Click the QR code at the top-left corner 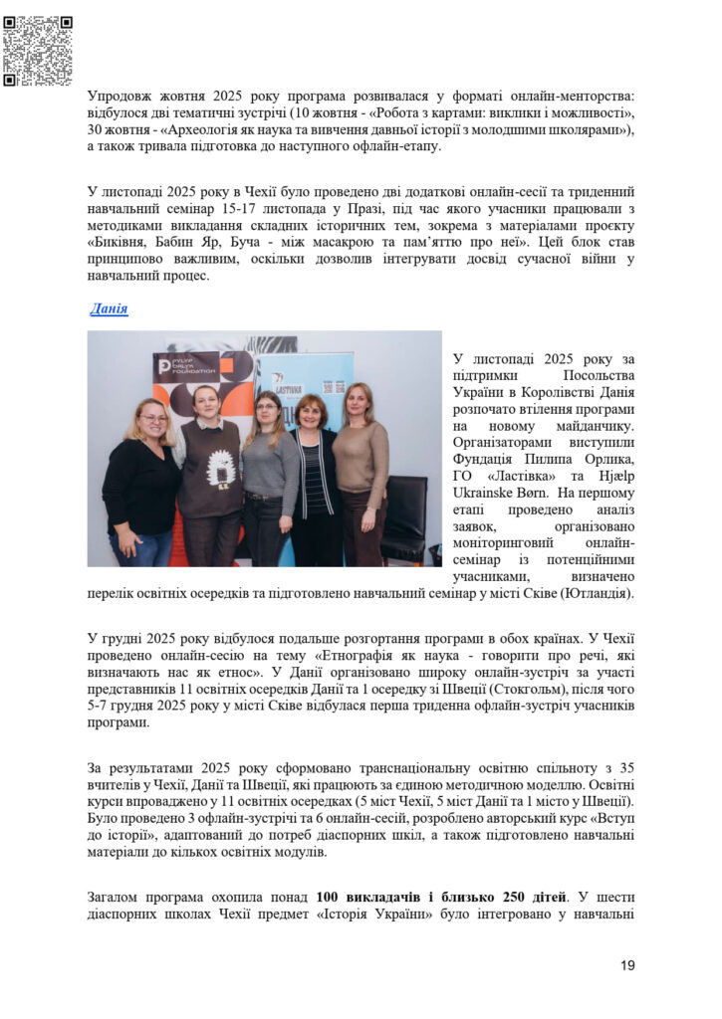tap(38, 51)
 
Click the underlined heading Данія tap(110, 308)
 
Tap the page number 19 tap(626, 964)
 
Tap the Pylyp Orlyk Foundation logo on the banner tap(186, 366)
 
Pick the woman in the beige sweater tap(361, 468)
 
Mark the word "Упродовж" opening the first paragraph tap(123, 97)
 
